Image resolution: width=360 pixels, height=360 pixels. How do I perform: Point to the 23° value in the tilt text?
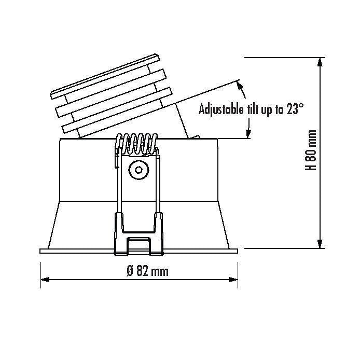tap(294, 109)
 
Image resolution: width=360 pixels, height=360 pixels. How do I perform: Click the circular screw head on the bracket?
tap(138, 169)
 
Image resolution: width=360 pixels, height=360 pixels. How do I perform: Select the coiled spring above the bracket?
tap(137, 144)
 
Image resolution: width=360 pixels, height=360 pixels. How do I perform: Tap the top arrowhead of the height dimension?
tap(322, 62)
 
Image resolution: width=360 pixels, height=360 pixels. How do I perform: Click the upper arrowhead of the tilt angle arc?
tap(240, 85)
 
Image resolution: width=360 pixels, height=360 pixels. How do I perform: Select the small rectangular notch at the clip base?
tap(139, 244)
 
